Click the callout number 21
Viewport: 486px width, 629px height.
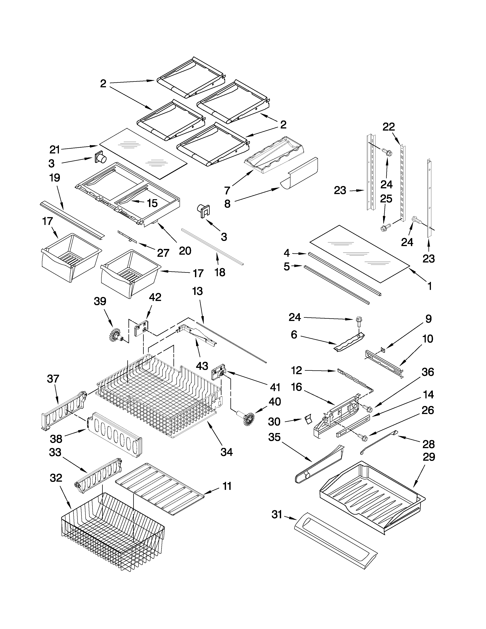tap(55, 150)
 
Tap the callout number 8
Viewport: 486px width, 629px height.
tap(227, 204)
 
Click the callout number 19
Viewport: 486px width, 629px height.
tap(55, 178)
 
